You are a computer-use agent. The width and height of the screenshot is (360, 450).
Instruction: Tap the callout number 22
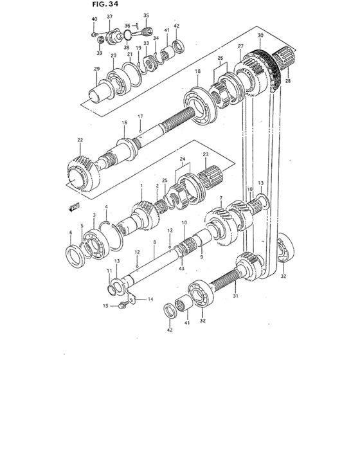80,140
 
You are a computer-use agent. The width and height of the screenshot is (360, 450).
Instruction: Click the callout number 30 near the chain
260,35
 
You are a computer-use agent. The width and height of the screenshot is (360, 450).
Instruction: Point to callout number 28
288,81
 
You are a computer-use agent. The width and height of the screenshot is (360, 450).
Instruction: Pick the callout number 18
198,71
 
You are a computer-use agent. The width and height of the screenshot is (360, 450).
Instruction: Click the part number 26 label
221,58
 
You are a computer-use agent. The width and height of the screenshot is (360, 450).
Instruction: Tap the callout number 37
109,16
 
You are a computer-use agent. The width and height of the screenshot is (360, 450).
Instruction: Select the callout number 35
146,15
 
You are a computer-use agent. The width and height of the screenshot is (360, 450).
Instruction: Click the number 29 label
97,69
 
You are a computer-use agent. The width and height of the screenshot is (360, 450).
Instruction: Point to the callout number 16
125,122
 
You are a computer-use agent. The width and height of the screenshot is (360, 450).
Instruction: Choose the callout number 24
182,159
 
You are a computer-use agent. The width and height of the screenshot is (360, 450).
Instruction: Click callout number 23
206,154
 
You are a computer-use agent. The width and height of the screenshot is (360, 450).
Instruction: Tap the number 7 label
221,198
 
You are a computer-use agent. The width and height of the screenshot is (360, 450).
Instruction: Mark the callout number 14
150,300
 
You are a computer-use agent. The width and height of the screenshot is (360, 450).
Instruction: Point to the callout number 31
235,296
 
